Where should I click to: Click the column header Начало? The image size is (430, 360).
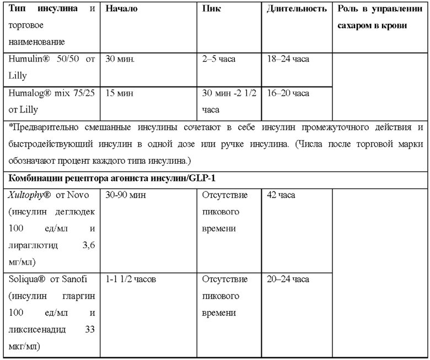coord(121,9)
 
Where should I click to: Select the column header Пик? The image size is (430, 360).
coord(212,9)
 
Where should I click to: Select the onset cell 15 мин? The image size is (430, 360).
coord(119,93)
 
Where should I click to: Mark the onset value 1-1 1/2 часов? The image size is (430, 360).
coord(131,280)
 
